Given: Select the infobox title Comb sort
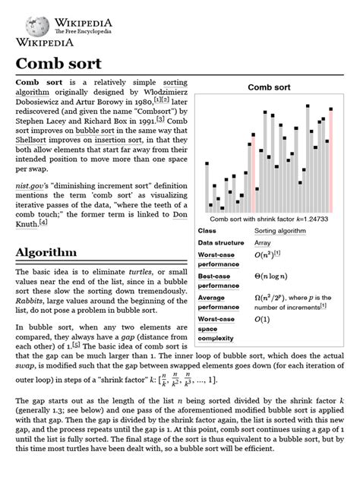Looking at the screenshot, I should pos(269,87).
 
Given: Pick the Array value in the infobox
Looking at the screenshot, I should pos(263,243).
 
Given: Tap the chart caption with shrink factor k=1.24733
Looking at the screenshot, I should pos(269,219).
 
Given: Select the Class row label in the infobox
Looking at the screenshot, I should pos(207,230).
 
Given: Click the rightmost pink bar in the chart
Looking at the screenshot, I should pos(331,160).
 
